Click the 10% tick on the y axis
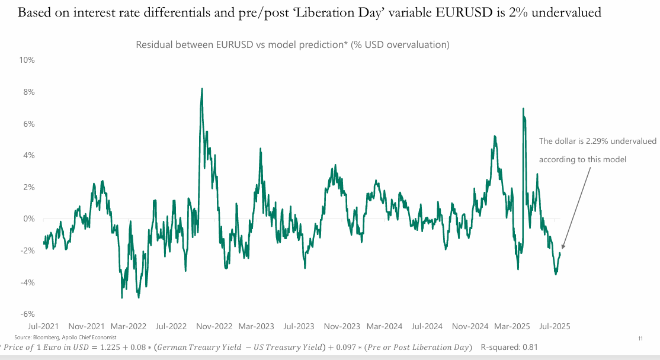[27, 60]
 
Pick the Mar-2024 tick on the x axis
[384, 326]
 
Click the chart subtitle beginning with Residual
[293, 45]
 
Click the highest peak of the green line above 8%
[202, 89]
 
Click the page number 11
[640, 338]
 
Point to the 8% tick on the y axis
[28, 92]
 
